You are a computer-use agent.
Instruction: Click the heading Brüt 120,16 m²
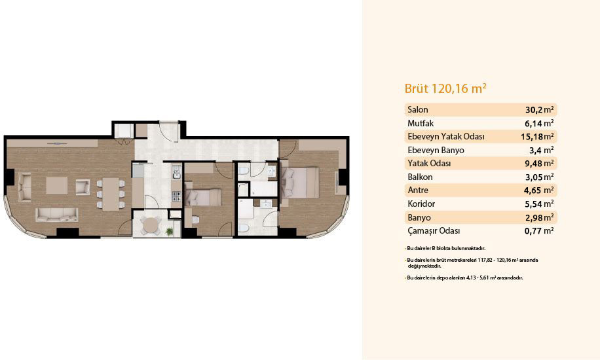[445, 88]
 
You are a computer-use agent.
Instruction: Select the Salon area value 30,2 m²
[540, 110]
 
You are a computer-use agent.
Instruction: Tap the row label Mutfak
[421, 123]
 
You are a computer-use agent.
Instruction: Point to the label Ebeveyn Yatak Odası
[446, 137]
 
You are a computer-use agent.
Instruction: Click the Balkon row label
[420, 177]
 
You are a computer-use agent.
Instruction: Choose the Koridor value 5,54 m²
[540, 204]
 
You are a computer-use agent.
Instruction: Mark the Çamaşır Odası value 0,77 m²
[540, 230]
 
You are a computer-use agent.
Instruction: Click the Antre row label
[418, 190]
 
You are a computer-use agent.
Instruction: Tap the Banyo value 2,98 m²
[540, 217]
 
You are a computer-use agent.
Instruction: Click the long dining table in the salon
[111, 194]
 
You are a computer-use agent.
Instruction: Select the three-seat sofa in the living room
[56, 215]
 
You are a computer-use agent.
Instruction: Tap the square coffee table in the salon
[57, 185]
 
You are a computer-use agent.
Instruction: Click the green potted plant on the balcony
[169, 231]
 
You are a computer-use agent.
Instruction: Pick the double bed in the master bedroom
[300, 183]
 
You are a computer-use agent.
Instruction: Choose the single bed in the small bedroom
[203, 196]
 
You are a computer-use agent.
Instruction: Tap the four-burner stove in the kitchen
[176, 196]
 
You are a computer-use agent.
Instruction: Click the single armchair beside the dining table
[83, 187]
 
